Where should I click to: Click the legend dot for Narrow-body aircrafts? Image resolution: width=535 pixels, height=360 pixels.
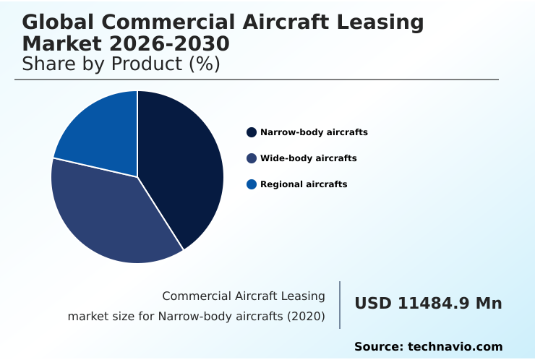[252, 132]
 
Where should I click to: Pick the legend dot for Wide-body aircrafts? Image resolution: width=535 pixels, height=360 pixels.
[252, 158]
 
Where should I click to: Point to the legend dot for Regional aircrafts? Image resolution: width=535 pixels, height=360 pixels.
[252, 184]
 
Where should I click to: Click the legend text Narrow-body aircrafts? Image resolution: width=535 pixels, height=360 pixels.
[314, 132]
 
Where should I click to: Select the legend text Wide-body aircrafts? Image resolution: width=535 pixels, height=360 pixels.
[308, 158]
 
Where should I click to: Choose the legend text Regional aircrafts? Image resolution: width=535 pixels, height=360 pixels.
[304, 184]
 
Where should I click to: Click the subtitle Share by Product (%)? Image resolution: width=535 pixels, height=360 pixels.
[121, 64]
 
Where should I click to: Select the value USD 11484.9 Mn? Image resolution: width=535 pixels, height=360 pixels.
[428, 304]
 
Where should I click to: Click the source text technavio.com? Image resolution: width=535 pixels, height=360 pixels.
[455, 347]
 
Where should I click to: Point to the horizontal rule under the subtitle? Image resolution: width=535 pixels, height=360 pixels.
[257, 80]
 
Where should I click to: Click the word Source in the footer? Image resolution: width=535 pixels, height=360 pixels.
[377, 347]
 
